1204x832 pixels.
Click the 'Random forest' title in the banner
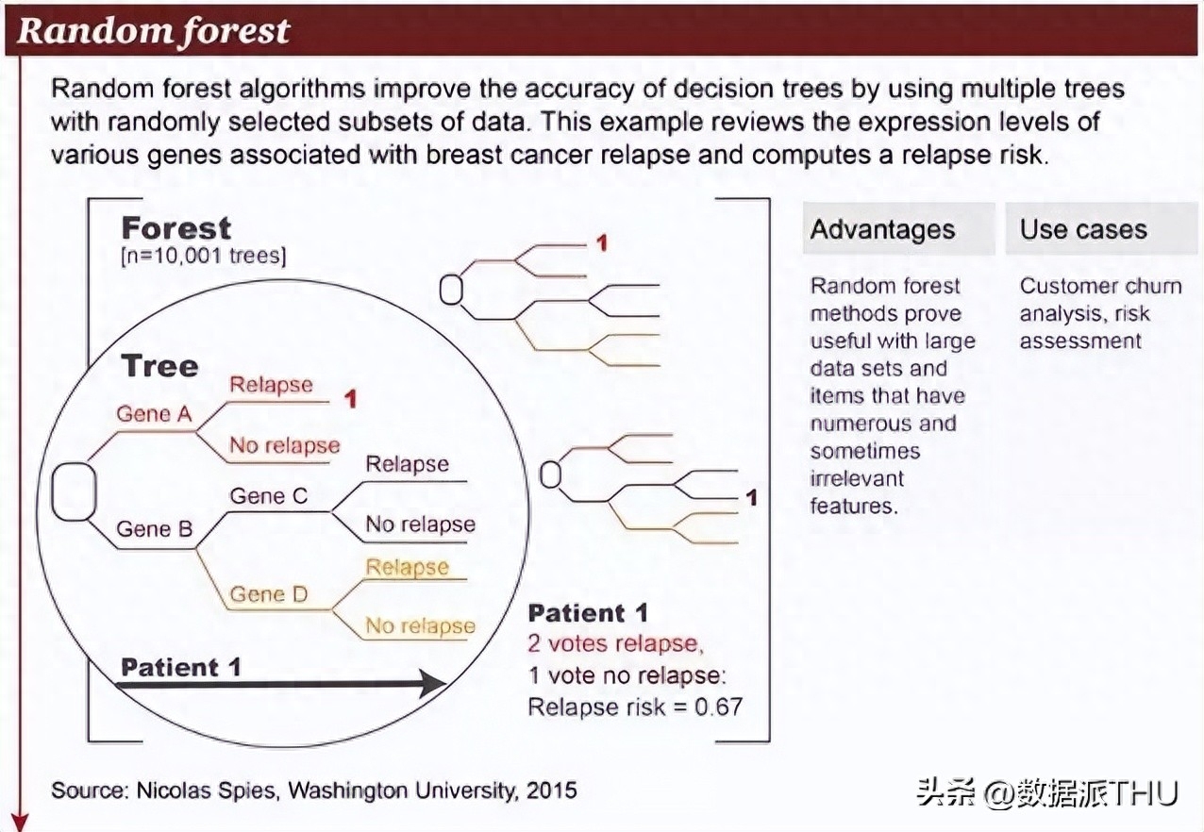(x=154, y=31)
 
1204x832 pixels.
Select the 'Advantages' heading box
(x=898, y=228)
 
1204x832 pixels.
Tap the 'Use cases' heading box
(x=1102, y=228)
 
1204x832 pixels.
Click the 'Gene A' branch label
(x=154, y=414)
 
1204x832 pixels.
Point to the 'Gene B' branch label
(x=154, y=529)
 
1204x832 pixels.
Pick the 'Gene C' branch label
(x=268, y=495)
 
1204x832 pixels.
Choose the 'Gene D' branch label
(x=268, y=594)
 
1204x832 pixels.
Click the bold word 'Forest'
(x=176, y=228)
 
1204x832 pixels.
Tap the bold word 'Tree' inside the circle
(x=159, y=366)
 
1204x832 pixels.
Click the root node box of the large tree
(x=75, y=491)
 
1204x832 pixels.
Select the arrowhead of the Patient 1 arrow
(x=433, y=684)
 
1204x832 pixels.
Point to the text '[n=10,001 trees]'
(x=204, y=256)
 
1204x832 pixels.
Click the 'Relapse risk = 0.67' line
(x=635, y=707)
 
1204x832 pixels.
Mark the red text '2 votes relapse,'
(x=616, y=643)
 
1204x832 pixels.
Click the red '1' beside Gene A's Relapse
(x=350, y=399)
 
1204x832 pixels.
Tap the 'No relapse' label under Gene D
(x=420, y=625)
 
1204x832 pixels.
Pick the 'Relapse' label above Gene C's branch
(x=407, y=464)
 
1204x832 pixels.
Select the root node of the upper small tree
(x=451, y=290)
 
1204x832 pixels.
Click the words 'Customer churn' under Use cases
(x=1101, y=286)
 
